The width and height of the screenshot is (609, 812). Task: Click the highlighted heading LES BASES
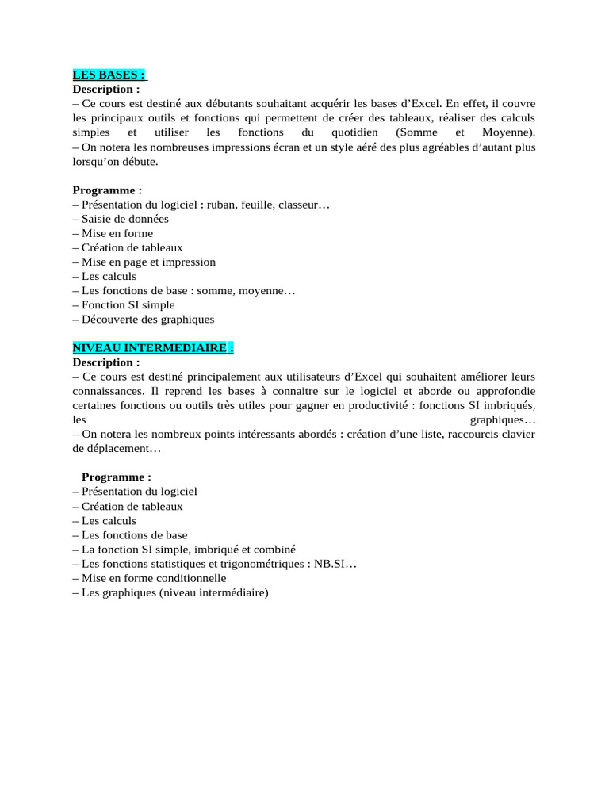tap(109, 75)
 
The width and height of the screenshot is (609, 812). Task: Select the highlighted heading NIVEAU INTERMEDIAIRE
tap(153, 348)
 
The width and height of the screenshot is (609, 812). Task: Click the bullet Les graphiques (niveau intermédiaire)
tap(170, 592)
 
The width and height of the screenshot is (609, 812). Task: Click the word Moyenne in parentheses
tap(507, 132)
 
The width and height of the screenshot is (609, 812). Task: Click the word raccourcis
tap(463, 434)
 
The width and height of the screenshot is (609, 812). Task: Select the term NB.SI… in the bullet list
tap(335, 564)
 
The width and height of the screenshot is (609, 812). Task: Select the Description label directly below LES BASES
tap(106, 90)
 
